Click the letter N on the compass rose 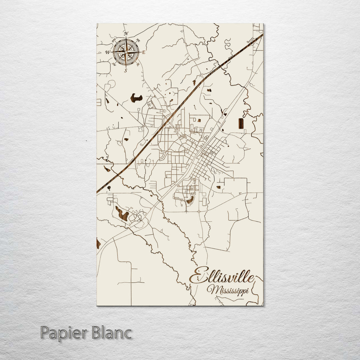[126, 34]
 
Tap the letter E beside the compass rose [144, 52]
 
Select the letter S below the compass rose [126, 70]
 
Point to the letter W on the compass [107, 52]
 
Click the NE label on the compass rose [138, 41]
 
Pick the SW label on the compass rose [114, 64]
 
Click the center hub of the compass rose [126, 52]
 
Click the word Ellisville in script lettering [222, 276]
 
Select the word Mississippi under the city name [228, 290]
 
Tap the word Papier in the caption [62, 333]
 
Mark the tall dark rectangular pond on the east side [241, 123]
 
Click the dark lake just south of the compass [136, 98]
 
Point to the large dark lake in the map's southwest [122, 214]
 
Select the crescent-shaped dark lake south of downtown [190, 200]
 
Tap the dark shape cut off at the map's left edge [98, 243]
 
